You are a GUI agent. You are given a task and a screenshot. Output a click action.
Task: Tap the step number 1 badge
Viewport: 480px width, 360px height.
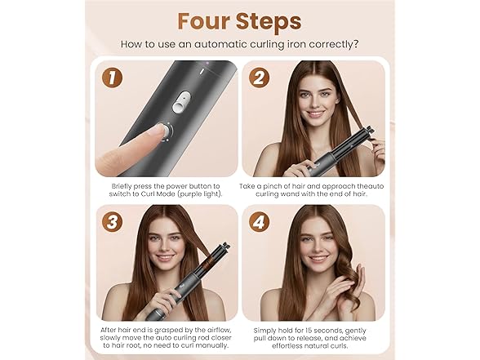pos(111,78)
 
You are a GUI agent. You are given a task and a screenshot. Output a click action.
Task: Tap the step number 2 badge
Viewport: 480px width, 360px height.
pos(260,78)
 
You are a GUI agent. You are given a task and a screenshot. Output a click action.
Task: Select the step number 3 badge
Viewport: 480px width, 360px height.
pos(111,222)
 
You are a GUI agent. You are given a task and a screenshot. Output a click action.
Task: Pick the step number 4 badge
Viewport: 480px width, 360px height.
pos(260,222)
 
